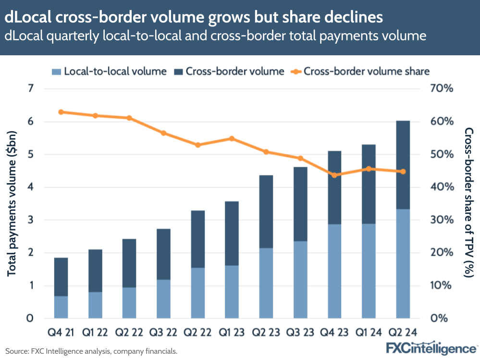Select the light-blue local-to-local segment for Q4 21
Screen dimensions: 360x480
pyautogui.click(x=61, y=307)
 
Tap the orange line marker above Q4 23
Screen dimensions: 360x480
pyautogui.click(x=334, y=175)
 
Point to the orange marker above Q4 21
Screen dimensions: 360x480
pyautogui.click(x=61, y=112)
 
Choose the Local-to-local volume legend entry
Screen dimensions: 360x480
pyautogui.click(x=109, y=71)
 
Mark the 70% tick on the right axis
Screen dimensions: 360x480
pyautogui.click(x=442, y=88)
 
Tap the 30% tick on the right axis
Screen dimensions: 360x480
pyautogui.click(x=442, y=220)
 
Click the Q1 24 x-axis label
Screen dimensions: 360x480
pyautogui.click(x=369, y=333)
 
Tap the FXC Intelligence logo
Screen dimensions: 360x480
pyautogui.click(x=431, y=348)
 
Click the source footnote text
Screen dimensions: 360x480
pyautogui.click(x=91, y=351)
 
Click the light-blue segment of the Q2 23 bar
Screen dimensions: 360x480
pyautogui.click(x=266, y=283)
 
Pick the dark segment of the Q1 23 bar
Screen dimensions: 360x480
pyautogui.click(x=232, y=233)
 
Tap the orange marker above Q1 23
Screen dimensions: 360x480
pyautogui.click(x=232, y=138)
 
